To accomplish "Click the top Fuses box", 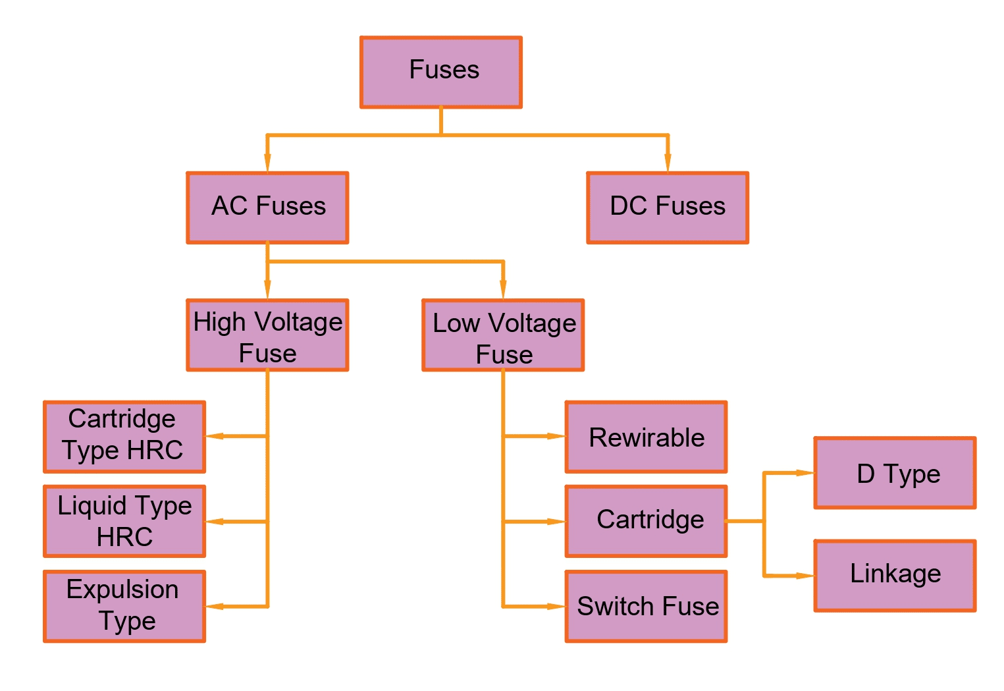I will pyautogui.click(x=440, y=72).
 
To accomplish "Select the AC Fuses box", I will pyautogui.click(x=267, y=207).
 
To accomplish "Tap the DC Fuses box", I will pyautogui.click(x=667, y=207).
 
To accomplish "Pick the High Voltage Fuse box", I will pyautogui.click(x=267, y=335).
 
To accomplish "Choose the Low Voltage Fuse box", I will pyautogui.click(x=503, y=335).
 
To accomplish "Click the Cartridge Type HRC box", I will pyautogui.click(x=124, y=437).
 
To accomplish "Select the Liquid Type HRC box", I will pyautogui.click(x=124, y=521).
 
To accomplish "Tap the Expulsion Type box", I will pyautogui.click(x=124, y=606).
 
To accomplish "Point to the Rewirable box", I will pyautogui.click(x=646, y=437).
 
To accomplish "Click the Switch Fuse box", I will pyautogui.click(x=646, y=606).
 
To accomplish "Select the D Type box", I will pyautogui.click(x=895, y=473).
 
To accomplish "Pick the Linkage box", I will pyautogui.click(x=895, y=576).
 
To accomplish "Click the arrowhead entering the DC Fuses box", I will pyautogui.click(x=668, y=163).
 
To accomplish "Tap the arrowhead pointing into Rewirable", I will pyautogui.click(x=556, y=436).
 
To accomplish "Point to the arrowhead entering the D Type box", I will pyautogui.click(x=805, y=473).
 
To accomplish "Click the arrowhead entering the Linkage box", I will pyautogui.click(x=805, y=576).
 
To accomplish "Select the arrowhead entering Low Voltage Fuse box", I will pyautogui.click(x=503, y=290).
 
